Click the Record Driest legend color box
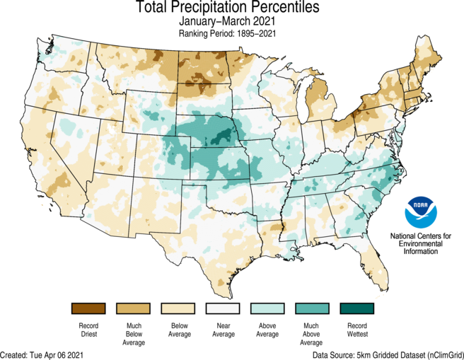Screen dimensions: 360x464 click(x=88, y=308)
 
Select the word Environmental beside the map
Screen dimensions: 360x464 click(x=421, y=243)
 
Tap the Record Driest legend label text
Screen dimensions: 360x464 click(x=88, y=329)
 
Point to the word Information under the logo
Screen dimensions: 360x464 click(x=421, y=251)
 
